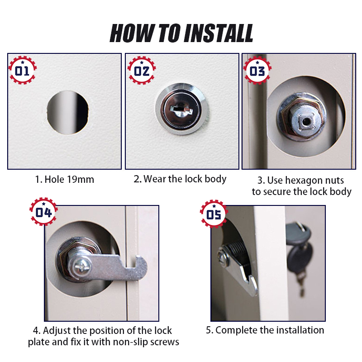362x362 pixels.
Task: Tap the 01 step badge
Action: pyautogui.click(x=22, y=71)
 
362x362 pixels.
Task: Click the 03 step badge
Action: pyautogui.click(x=257, y=71)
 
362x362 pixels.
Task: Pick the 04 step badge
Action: pyautogui.click(x=43, y=212)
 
